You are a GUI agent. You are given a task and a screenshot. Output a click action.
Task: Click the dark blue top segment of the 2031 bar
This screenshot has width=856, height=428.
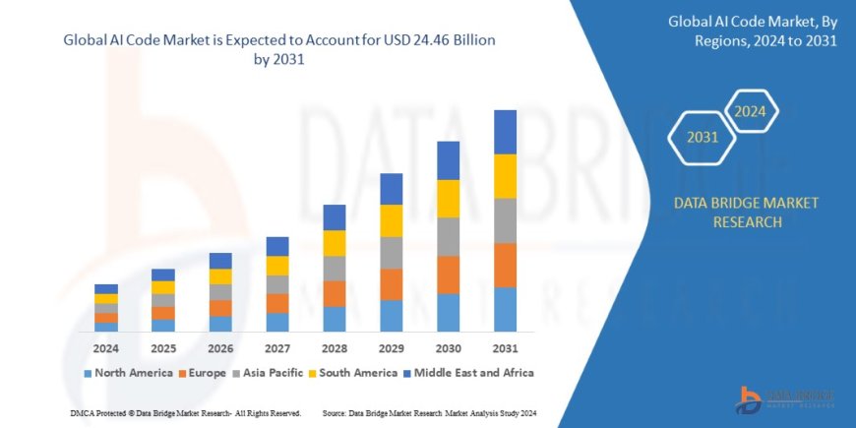pyautogui.click(x=505, y=132)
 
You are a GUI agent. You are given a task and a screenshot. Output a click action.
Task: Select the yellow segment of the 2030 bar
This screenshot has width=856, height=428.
pyautogui.click(x=448, y=199)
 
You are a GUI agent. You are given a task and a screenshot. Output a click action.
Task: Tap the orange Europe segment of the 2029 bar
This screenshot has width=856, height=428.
pyautogui.click(x=391, y=284)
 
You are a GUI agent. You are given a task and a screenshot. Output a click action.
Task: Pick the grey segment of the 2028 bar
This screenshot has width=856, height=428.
pyautogui.click(x=335, y=268)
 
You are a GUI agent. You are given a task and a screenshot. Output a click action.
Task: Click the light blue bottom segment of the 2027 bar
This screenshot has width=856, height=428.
pyautogui.click(x=277, y=322)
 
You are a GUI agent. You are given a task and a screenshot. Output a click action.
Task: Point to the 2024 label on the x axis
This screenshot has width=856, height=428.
pyautogui.click(x=106, y=348)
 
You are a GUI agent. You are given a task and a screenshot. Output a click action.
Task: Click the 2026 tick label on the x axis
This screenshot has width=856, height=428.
pyautogui.click(x=220, y=348)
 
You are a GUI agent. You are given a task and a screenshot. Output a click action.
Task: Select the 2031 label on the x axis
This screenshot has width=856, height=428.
pyautogui.click(x=505, y=348)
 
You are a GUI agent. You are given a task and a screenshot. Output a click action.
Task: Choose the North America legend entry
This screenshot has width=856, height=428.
pyautogui.click(x=123, y=373)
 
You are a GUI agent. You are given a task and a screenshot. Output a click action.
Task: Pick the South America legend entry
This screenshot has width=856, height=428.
pyautogui.click(x=352, y=373)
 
